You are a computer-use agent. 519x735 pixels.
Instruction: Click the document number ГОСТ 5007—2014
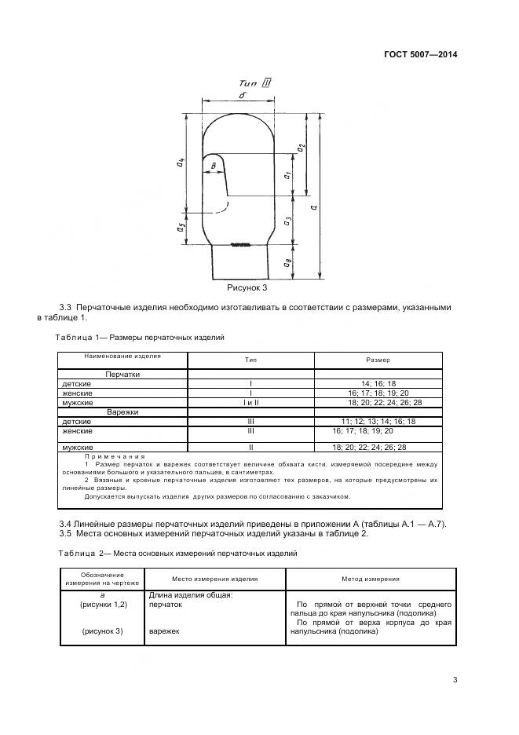[x=421, y=54]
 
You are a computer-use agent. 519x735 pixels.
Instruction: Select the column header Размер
[x=378, y=360]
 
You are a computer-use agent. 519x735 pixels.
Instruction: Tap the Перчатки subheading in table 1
[x=122, y=375]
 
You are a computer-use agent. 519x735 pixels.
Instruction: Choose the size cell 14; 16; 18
[x=377, y=384]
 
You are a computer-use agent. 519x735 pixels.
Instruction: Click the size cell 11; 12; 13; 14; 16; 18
[x=377, y=422]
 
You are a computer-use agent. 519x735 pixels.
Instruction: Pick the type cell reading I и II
[x=250, y=402]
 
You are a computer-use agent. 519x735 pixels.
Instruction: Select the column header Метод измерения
[x=370, y=579]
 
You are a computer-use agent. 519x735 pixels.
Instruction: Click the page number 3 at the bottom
[x=455, y=680]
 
